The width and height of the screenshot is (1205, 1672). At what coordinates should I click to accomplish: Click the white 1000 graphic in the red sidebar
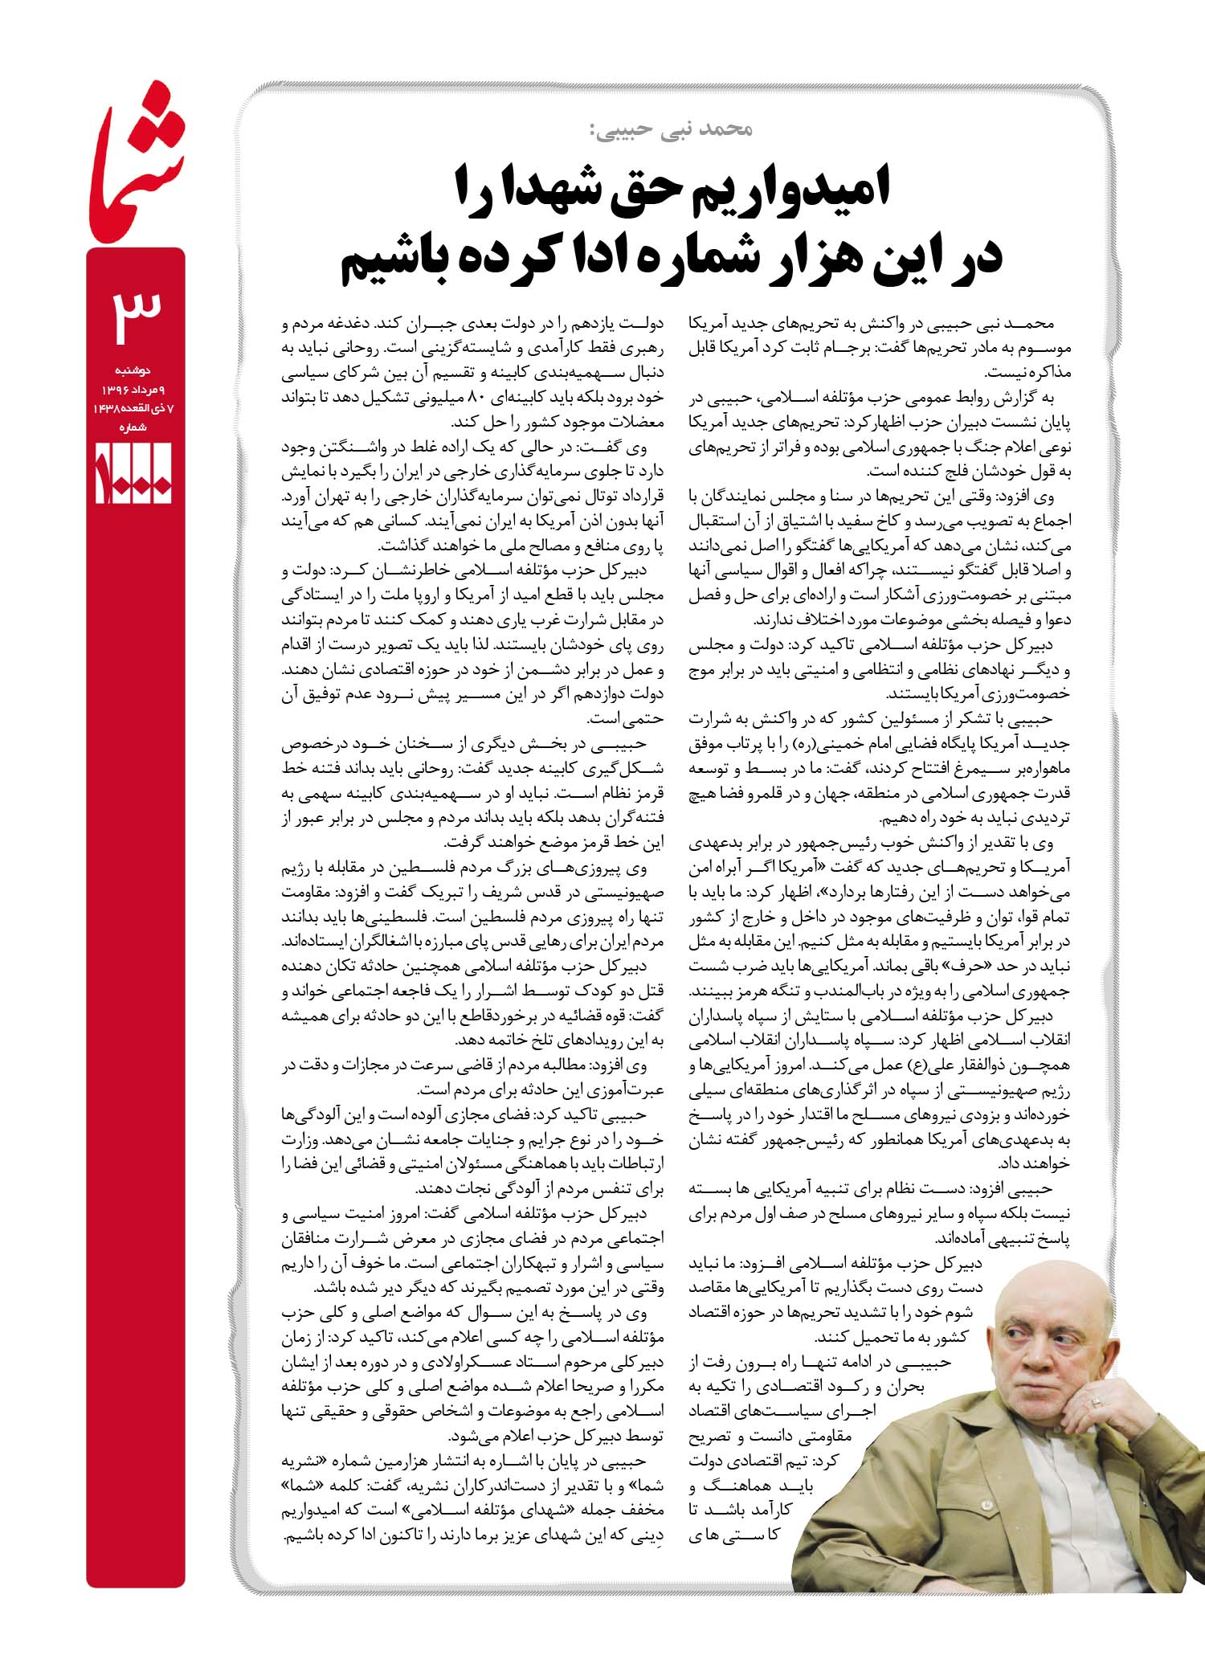tap(134, 475)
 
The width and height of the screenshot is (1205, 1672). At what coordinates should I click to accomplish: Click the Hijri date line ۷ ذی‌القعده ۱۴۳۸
tap(135, 409)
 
